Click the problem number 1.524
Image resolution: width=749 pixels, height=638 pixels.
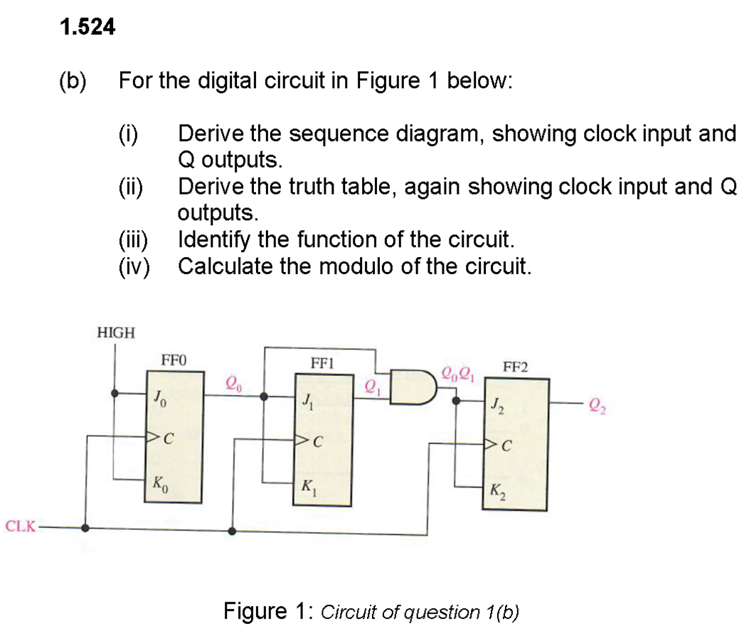coord(87,28)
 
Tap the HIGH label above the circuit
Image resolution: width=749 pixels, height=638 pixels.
coord(115,332)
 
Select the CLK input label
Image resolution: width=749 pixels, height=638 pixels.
coord(18,527)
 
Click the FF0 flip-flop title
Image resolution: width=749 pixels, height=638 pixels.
coord(174,360)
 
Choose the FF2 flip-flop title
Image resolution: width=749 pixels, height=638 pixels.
coord(516,367)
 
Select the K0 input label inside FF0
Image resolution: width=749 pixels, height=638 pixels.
coord(157,483)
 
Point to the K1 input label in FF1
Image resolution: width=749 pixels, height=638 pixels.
coord(307,487)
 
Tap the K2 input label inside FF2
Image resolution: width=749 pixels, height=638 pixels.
coord(496,491)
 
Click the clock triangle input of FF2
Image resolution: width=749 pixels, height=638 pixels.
coord(490,445)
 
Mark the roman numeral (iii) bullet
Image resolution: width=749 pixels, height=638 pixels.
coord(132,239)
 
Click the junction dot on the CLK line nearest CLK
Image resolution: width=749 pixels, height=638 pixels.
coord(85,528)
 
